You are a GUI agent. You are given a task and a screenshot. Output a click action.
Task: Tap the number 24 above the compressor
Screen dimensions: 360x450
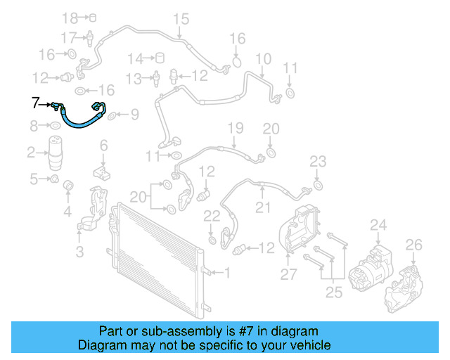[x=379, y=225]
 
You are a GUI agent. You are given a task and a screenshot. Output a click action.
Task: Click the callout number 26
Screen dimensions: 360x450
[x=414, y=245]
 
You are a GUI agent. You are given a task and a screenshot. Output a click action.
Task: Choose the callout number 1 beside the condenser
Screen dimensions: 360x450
[x=226, y=271]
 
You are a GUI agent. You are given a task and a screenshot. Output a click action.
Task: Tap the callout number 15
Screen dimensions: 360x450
[x=181, y=19]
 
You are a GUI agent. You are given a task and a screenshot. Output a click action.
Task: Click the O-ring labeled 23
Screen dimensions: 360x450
[x=317, y=185]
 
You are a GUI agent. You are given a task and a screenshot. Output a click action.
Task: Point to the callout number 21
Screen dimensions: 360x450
[x=263, y=207]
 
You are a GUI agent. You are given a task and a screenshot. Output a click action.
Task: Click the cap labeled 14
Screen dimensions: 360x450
[x=159, y=58]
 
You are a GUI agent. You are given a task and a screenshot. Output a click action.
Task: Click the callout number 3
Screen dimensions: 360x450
[x=79, y=250]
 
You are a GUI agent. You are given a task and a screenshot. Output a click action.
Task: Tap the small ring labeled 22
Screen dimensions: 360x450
[x=212, y=240]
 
